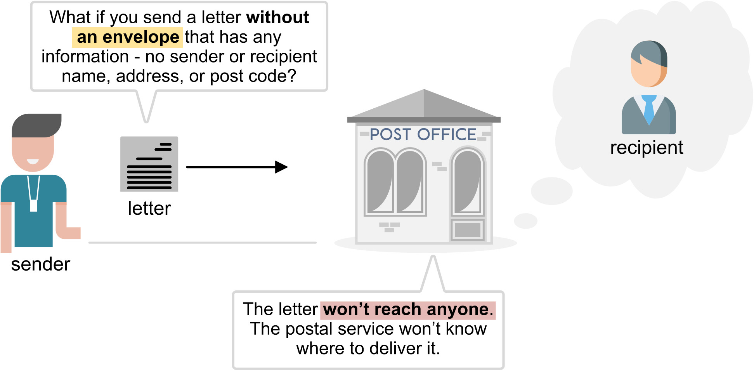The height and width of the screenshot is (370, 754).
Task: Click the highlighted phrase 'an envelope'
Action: [x=128, y=37]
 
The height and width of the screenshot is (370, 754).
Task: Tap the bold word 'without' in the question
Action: [x=277, y=17]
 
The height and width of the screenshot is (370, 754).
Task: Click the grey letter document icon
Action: [x=149, y=164]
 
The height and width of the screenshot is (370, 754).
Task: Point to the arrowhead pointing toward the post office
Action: [x=281, y=167]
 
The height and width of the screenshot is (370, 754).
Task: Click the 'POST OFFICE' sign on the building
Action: [x=423, y=135]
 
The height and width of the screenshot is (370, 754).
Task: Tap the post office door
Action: [x=467, y=230]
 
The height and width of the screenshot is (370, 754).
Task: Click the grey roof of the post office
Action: [x=424, y=105]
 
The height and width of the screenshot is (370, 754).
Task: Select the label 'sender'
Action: [x=41, y=264]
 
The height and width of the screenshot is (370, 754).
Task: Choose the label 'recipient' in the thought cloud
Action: [x=647, y=148]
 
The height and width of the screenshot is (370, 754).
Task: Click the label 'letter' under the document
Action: [x=149, y=208]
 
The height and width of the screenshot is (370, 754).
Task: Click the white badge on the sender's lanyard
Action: [x=34, y=205]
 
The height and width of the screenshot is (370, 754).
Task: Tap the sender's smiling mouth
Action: [x=33, y=162]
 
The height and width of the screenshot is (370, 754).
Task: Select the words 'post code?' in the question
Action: [x=253, y=76]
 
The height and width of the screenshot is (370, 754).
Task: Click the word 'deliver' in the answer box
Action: [x=395, y=349]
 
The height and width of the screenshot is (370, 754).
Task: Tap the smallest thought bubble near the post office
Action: [x=525, y=221]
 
